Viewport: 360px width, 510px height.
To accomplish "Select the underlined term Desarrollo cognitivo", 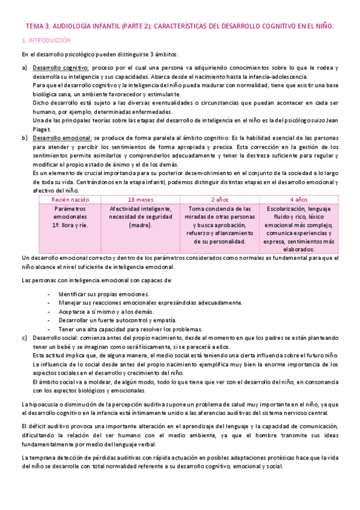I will (61, 68).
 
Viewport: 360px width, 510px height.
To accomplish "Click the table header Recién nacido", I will (70, 199).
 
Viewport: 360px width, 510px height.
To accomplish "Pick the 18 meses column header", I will (140, 199).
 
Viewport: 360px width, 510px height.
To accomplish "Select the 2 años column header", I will (219, 199).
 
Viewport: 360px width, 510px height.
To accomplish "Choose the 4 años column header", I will (298, 199).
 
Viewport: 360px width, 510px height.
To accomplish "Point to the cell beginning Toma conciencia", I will (219, 224).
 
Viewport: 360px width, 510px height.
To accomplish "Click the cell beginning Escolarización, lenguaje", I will (298, 229).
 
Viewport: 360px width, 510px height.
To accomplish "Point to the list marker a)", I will (25, 68).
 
